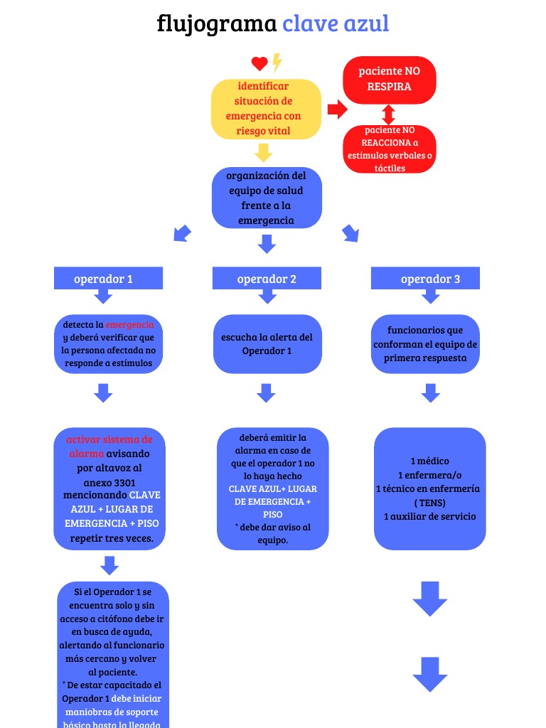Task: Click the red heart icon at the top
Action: click(x=259, y=64)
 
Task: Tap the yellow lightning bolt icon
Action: click(x=277, y=63)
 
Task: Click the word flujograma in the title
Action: click(x=216, y=24)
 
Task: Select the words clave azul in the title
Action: click(x=336, y=24)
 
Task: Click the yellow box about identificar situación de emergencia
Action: click(x=266, y=109)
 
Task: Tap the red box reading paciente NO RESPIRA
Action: click(x=389, y=79)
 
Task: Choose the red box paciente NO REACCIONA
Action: click(x=389, y=149)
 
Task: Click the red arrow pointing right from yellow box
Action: click(x=337, y=109)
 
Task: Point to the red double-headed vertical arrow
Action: click(x=388, y=114)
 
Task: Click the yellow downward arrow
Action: click(x=264, y=152)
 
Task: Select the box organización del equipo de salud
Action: click(x=267, y=198)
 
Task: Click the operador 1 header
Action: click(x=108, y=279)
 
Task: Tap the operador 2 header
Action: click(x=267, y=279)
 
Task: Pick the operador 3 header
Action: click(x=425, y=279)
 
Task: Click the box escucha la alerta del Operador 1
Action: click(x=267, y=344)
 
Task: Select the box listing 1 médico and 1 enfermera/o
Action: click(x=429, y=488)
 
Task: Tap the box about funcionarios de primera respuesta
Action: click(x=425, y=344)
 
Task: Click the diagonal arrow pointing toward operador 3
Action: click(x=350, y=233)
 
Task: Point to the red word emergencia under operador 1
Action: click(x=129, y=324)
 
